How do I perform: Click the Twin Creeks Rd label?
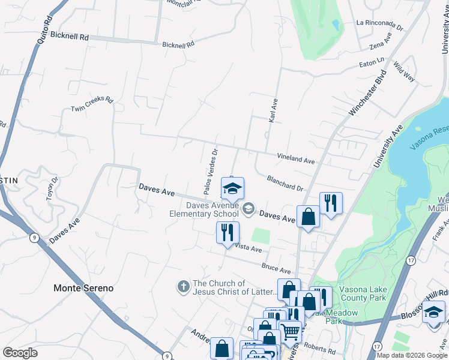pos(92,104)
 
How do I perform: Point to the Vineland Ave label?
pos(296,159)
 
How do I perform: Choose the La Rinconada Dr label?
pos(379,23)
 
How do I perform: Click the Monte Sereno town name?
pos(83,288)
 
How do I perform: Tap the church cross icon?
pos(183,287)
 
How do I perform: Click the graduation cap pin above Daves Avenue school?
pos(232,188)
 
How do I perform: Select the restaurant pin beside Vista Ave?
pos(228,232)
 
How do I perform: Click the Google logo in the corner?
pos(20,353)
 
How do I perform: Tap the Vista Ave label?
pos(248,247)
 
